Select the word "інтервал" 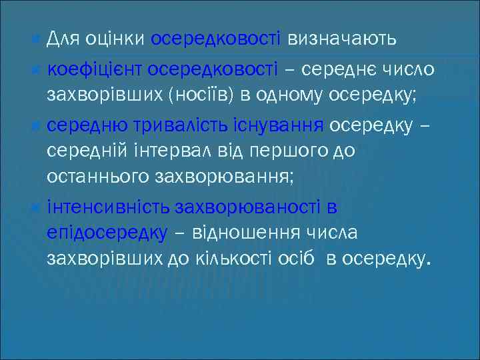(157, 151)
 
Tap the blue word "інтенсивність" (109, 207)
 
